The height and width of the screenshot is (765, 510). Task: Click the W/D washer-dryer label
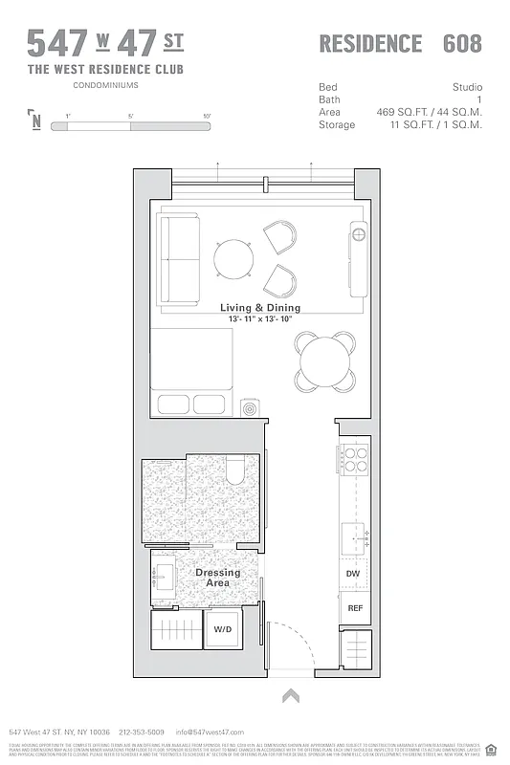pyautogui.click(x=222, y=629)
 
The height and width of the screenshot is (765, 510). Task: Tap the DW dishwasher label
pyautogui.click(x=353, y=574)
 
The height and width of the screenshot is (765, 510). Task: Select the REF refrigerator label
pyautogui.click(x=354, y=608)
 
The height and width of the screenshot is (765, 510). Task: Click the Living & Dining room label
pyautogui.click(x=260, y=307)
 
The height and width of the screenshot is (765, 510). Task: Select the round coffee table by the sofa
pyautogui.click(x=232, y=258)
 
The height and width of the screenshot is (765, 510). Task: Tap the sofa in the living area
pyautogui.click(x=176, y=259)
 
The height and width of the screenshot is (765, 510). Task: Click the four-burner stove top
pyautogui.click(x=354, y=460)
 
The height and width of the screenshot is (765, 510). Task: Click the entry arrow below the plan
pyautogui.click(x=291, y=697)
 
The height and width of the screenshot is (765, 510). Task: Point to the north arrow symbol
pyautogui.click(x=35, y=120)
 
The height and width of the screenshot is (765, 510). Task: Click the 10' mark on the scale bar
pyautogui.click(x=207, y=117)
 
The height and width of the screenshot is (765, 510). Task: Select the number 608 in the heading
pyautogui.click(x=462, y=43)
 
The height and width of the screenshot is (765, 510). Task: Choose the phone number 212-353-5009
pyautogui.click(x=142, y=732)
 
